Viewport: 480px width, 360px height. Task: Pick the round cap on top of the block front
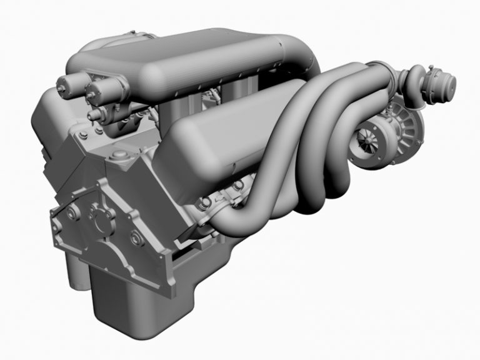[x=117, y=155]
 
